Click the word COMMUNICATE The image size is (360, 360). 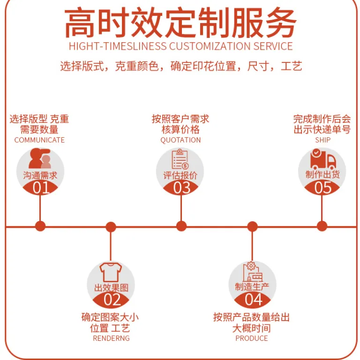pos(39,140)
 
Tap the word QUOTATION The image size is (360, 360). pos(180,140)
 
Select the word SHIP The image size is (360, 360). pos(323,140)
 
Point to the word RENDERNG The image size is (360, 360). pos(112,338)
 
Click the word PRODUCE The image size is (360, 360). pos(252,338)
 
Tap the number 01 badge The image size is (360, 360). pos(40,187)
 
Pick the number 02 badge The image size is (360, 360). pos(111,300)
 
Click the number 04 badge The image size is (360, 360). pos(253,300)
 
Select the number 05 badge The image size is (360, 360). pos(322,187)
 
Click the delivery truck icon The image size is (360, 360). pos(323,159)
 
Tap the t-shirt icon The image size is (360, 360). pos(111,272)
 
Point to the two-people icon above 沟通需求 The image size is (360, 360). pos(40,158)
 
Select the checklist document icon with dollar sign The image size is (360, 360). pos(180,159)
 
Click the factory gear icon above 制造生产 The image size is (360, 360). pos(253,271)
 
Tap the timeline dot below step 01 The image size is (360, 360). pos(40,226)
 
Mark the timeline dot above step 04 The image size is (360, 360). pos(252,226)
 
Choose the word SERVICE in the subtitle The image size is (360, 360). pos(273,46)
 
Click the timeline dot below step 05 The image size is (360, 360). pos(322,226)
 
